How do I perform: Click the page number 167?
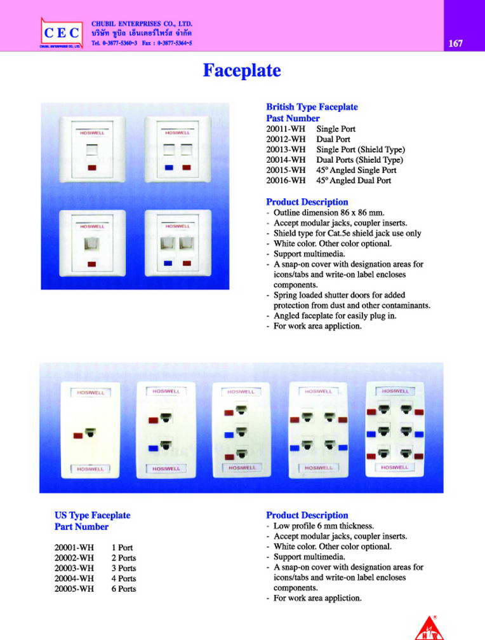[x=455, y=44]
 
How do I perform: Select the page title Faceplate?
[x=241, y=70]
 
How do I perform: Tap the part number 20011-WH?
[x=286, y=129]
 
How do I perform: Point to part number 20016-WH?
[x=286, y=180]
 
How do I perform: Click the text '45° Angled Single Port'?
[x=356, y=170]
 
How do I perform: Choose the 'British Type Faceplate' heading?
[x=312, y=107]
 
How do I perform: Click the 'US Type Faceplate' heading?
[x=92, y=515]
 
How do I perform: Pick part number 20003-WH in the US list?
[x=74, y=568]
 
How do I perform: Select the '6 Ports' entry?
[x=124, y=589]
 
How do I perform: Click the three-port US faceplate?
[x=241, y=430]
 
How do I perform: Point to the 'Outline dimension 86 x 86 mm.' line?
[x=329, y=213]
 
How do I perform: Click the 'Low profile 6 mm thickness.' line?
[x=324, y=526]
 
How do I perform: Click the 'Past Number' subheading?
[x=293, y=118]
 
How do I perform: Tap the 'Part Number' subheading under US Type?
[x=81, y=527]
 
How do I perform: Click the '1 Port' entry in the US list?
[x=122, y=547]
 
